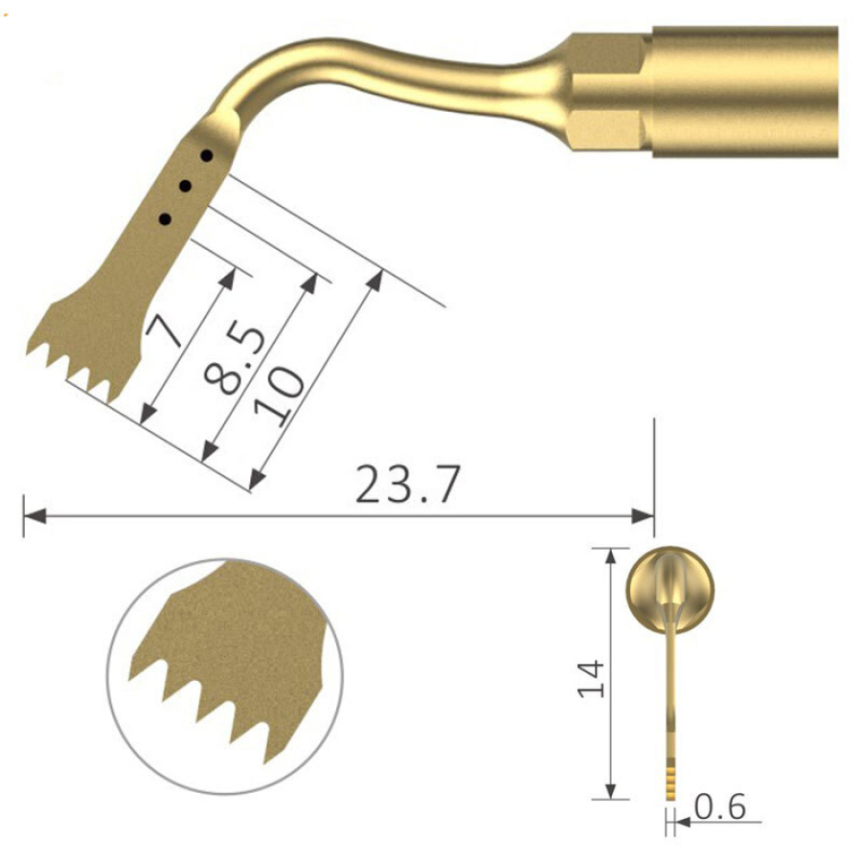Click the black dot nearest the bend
tap(206, 154)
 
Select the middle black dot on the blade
tap(185, 186)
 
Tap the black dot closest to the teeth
tap(165, 219)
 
